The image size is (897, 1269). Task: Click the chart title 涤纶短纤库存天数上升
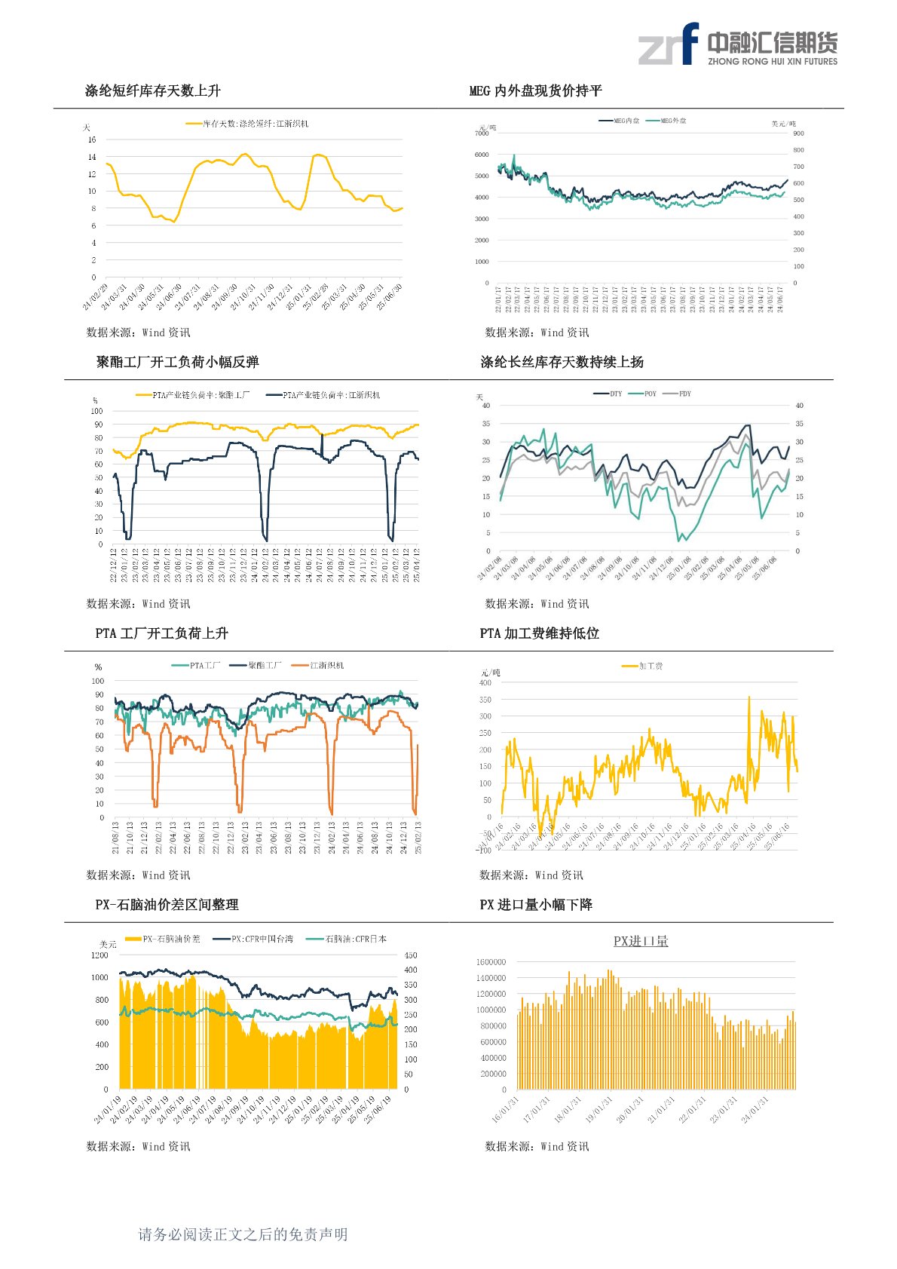pyautogui.click(x=152, y=91)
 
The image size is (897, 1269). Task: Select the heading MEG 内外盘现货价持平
pyautogui.click(x=535, y=91)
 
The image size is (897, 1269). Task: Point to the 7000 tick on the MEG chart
pyautogui.click(x=482, y=133)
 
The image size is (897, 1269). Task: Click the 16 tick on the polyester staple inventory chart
pyautogui.click(x=92, y=139)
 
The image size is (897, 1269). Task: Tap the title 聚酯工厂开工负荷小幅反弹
pyautogui.click(x=177, y=363)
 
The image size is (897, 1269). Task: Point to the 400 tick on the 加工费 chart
pyautogui.click(x=485, y=683)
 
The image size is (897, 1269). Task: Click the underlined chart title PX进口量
pyautogui.click(x=641, y=941)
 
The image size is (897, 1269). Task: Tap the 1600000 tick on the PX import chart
pyautogui.click(x=491, y=962)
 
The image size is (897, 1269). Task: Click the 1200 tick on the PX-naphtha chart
pyautogui.click(x=99, y=955)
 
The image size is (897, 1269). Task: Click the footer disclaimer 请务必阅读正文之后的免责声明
pyautogui.click(x=243, y=1234)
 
